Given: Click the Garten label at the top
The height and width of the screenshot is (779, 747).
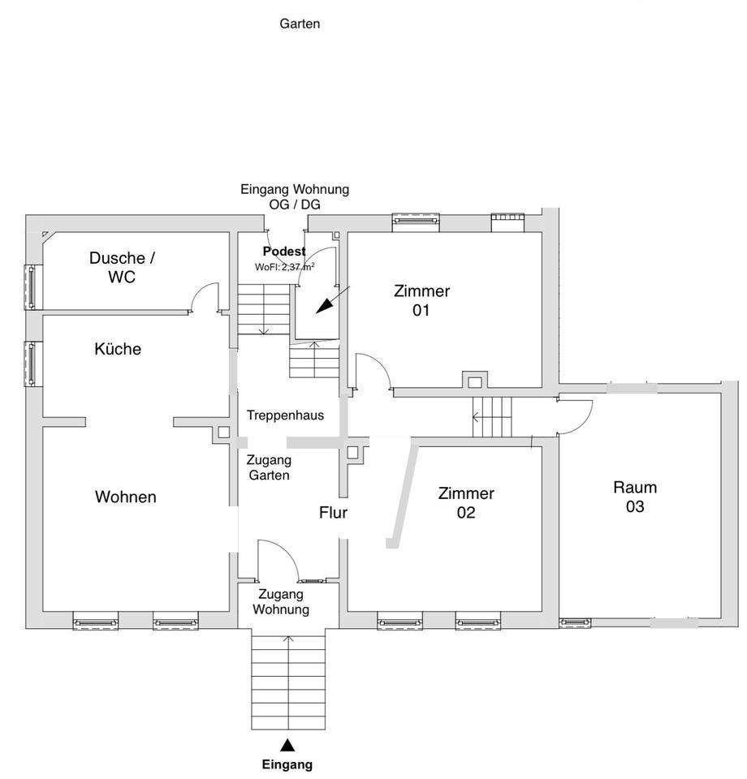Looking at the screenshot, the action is (300, 24).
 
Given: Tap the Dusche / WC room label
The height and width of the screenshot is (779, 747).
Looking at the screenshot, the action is (122, 267).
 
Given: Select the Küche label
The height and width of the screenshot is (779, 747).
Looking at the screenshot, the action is (118, 349).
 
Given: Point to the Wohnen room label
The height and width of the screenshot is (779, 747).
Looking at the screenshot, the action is (126, 497).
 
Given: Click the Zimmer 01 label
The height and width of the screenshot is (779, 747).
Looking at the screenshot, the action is (421, 300).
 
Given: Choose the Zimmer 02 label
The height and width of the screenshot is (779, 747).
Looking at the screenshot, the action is (466, 502).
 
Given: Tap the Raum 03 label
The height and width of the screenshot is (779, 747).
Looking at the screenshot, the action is (635, 497).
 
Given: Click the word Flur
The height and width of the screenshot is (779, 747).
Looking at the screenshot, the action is (333, 512).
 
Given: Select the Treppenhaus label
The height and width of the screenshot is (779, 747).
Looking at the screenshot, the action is (285, 415).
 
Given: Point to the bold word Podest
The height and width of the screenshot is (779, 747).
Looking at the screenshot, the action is (284, 252).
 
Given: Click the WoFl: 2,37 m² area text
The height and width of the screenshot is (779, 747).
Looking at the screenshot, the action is (285, 267).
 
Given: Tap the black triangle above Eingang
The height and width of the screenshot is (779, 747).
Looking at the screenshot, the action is (287, 745).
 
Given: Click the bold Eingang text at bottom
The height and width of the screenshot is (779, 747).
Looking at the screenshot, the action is (287, 764).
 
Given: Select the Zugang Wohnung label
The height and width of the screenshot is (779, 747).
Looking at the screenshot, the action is (281, 601).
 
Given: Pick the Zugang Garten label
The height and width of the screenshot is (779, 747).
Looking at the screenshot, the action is (269, 467).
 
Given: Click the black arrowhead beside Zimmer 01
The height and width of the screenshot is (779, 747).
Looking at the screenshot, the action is (325, 306).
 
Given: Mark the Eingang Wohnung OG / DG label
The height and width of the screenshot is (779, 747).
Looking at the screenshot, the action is (295, 196).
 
